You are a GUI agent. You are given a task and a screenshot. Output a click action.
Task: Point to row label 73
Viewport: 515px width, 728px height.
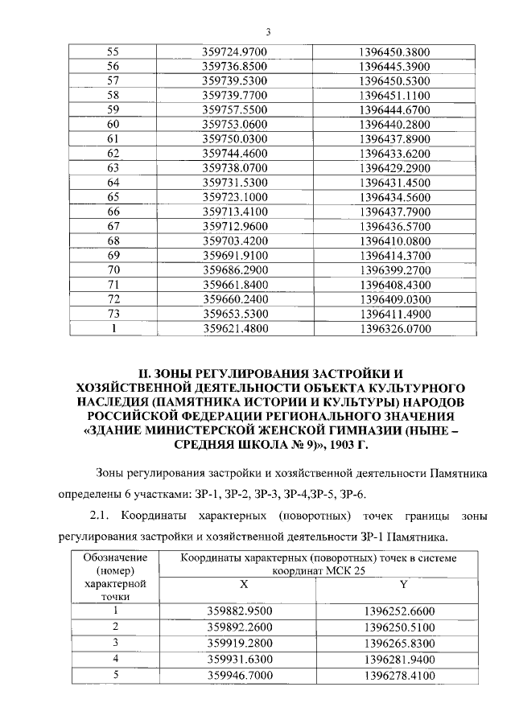[x=113, y=313]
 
